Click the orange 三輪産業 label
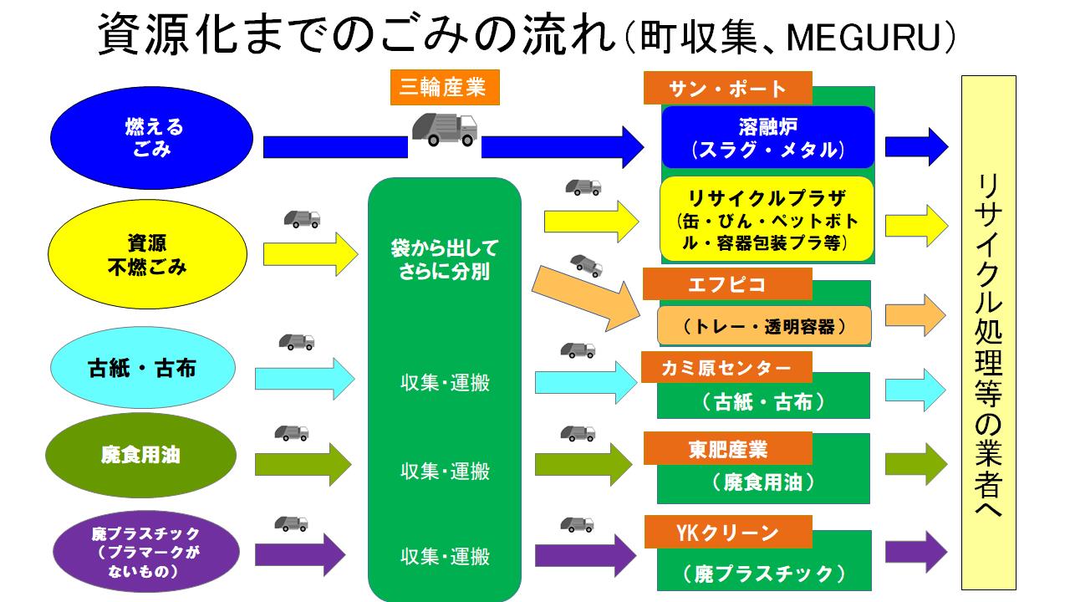(x=443, y=88)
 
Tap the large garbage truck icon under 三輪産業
(x=444, y=130)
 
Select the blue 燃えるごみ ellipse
(x=151, y=137)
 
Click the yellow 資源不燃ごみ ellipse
(x=147, y=254)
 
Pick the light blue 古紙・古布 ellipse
(x=141, y=368)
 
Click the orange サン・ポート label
(x=727, y=89)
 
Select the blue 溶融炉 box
(x=767, y=137)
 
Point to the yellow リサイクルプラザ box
(x=767, y=218)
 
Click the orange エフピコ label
(x=726, y=284)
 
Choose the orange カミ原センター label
(x=726, y=367)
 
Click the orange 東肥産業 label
(x=726, y=448)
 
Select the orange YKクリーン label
(x=726, y=532)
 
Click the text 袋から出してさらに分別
(x=444, y=260)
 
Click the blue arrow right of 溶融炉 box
(x=916, y=147)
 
